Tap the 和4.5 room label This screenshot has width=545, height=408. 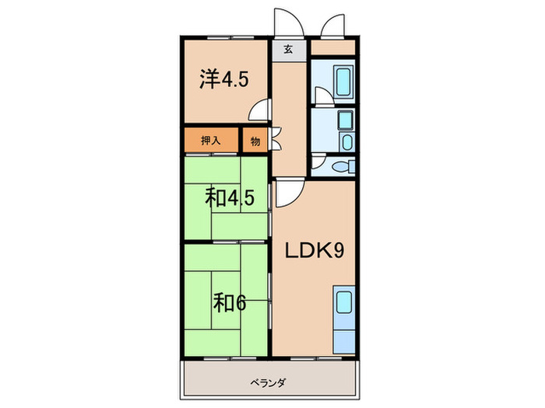click(230, 199)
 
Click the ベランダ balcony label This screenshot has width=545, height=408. click(269, 382)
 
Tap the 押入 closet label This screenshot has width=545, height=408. click(210, 141)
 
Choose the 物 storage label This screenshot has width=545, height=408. click(255, 141)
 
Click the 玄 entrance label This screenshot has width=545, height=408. click(288, 50)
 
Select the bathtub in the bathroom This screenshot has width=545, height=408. click(343, 80)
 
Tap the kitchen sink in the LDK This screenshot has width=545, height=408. click(343, 302)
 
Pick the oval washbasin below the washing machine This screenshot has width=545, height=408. click(346, 142)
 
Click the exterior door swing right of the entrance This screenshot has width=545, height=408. click(335, 26)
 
